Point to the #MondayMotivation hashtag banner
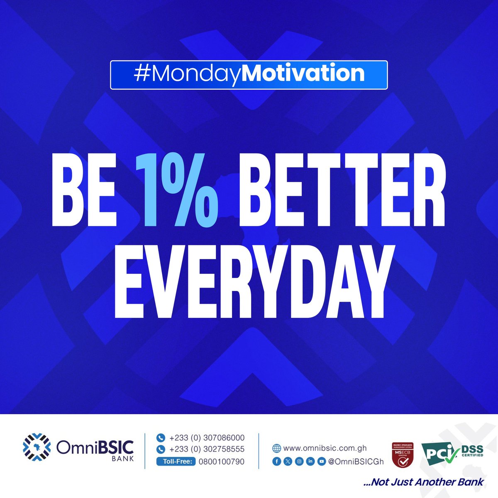[x=249, y=75]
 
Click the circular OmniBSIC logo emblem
[x=37, y=448]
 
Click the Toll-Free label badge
[x=176, y=461]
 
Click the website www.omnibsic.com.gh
[x=325, y=448]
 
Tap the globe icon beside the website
[x=276, y=448]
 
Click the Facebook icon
[x=277, y=461]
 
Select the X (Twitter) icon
[x=288, y=461]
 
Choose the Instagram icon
[x=299, y=461]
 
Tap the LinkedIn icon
[x=310, y=461]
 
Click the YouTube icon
[x=322, y=461]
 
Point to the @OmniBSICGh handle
[x=356, y=461]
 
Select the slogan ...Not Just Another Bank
[x=424, y=482]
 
